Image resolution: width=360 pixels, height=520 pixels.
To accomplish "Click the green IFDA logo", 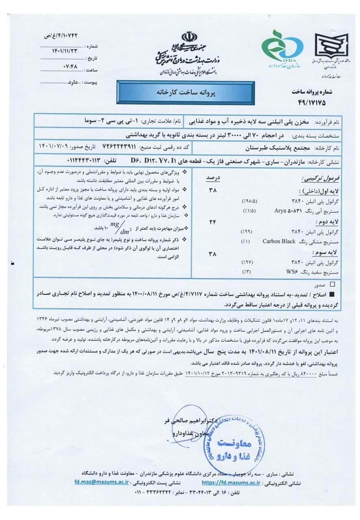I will (282, 48).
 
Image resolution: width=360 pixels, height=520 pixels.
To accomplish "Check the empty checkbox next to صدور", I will (333, 285).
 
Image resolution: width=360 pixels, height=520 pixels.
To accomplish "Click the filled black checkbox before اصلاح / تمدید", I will (333, 294).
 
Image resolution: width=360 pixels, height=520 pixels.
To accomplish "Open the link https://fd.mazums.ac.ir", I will (230, 482).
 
